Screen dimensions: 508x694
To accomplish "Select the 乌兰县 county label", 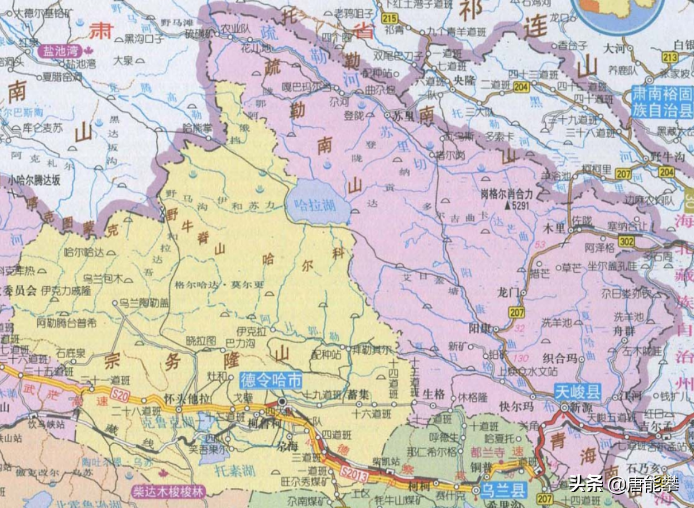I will coord(503,490).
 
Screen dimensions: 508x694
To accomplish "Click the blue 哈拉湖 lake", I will coord(318,203).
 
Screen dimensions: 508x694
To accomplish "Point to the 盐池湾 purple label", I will coord(60,51).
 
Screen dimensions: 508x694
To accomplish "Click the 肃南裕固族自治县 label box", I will coord(661,102).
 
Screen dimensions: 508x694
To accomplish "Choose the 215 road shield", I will coord(389,18).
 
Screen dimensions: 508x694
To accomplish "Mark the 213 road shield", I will coord(669,57).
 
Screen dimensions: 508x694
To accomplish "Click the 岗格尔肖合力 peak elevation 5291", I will coord(508,199).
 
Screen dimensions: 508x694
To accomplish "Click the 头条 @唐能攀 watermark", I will coord(624,484).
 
